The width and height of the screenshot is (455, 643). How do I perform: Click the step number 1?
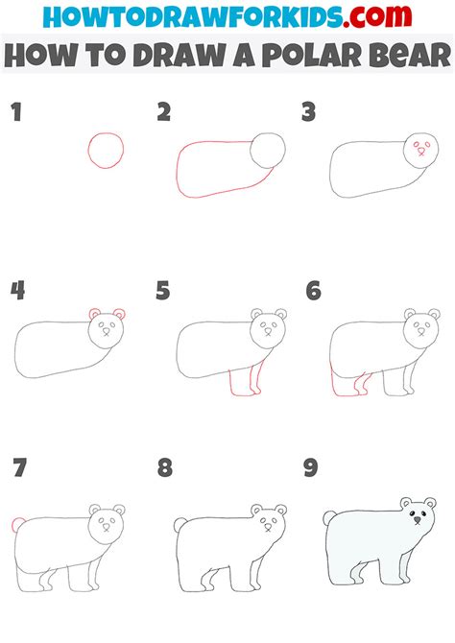coord(16,112)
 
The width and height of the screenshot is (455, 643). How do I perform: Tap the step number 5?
coord(163,291)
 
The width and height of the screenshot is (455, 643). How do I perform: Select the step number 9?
coord(311,468)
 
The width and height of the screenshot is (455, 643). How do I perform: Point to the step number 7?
coord(19,468)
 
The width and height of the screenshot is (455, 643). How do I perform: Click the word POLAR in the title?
coord(311,55)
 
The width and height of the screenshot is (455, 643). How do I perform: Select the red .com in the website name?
coord(377,17)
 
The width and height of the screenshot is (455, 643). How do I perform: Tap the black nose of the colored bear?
coord(418,520)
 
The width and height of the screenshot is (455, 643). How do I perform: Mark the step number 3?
coord(308,112)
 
